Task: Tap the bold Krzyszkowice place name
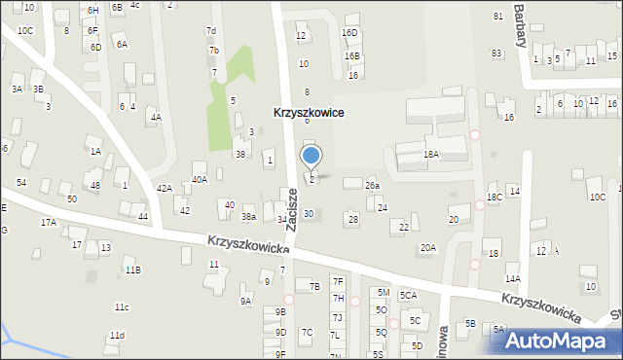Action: tap(308, 113)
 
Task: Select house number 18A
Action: tap(430, 155)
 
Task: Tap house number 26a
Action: tap(371, 185)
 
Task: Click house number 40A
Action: tap(199, 179)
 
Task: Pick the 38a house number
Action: tap(248, 216)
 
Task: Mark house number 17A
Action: tap(48, 223)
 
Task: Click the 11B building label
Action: tap(132, 270)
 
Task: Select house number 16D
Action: tap(349, 32)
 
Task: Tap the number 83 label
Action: tap(496, 52)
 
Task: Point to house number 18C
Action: tap(495, 198)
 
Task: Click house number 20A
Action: tap(427, 248)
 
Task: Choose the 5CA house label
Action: tap(408, 295)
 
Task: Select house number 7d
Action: tap(210, 31)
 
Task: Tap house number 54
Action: tap(20, 183)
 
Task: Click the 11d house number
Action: tap(117, 336)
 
